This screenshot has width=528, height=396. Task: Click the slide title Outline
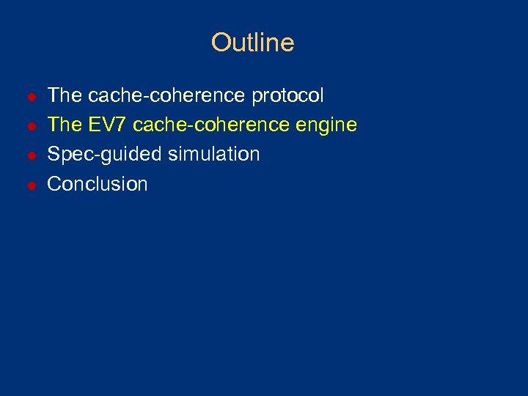point(252,43)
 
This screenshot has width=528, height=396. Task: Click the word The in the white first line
point(65,96)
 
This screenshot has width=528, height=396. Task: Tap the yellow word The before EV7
point(65,125)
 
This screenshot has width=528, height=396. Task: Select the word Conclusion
point(98,184)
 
